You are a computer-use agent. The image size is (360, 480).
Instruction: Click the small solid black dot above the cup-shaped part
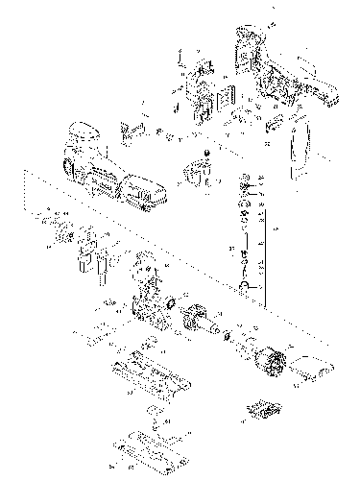(x=206, y=154)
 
